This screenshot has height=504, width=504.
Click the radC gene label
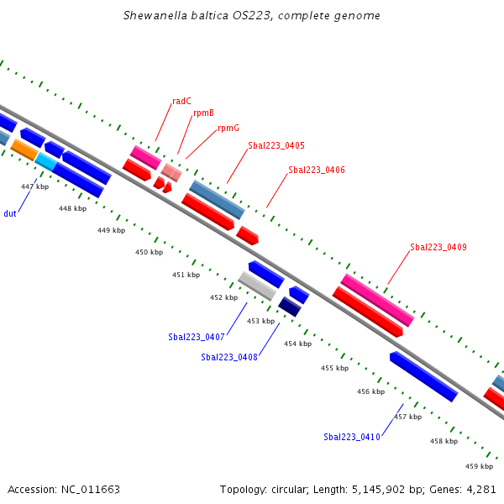point(181,102)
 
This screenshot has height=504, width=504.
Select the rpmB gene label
point(203,113)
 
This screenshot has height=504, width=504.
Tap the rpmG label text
point(228,128)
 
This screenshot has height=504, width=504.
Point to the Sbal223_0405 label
point(276,145)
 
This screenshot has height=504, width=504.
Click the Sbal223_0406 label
point(317,170)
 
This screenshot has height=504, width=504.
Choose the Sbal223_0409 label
point(438,247)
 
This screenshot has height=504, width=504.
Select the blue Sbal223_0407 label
point(197,337)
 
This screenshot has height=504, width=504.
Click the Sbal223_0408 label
point(229,357)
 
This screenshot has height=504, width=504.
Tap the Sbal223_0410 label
point(352,437)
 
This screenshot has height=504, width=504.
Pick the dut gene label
point(10,213)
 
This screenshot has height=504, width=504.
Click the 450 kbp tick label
point(150,252)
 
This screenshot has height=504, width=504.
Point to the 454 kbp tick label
point(297,344)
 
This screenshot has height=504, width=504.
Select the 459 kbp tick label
point(479,466)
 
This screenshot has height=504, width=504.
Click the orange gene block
point(24,150)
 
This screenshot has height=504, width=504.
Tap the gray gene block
point(257,286)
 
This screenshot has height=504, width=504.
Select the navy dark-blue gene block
point(290,307)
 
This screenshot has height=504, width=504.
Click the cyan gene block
point(46,161)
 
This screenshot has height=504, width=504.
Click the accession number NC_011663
point(91,490)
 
